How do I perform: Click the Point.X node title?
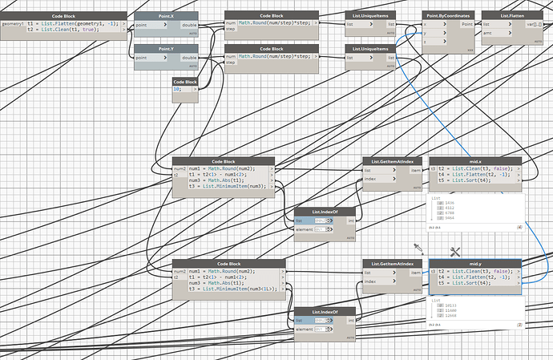(x=166, y=15)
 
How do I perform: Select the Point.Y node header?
(x=166, y=49)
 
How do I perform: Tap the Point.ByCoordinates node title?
(x=447, y=15)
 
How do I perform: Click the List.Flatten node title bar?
(x=512, y=15)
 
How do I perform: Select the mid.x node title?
(x=475, y=161)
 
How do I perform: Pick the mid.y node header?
(x=475, y=263)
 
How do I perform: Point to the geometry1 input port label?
(x=13, y=24)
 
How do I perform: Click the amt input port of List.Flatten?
(x=486, y=32)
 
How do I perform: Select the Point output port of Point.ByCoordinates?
(x=466, y=25)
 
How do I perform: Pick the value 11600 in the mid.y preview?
(x=450, y=310)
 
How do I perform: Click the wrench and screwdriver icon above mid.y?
(x=454, y=252)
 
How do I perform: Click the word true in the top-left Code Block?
(x=106, y=30)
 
